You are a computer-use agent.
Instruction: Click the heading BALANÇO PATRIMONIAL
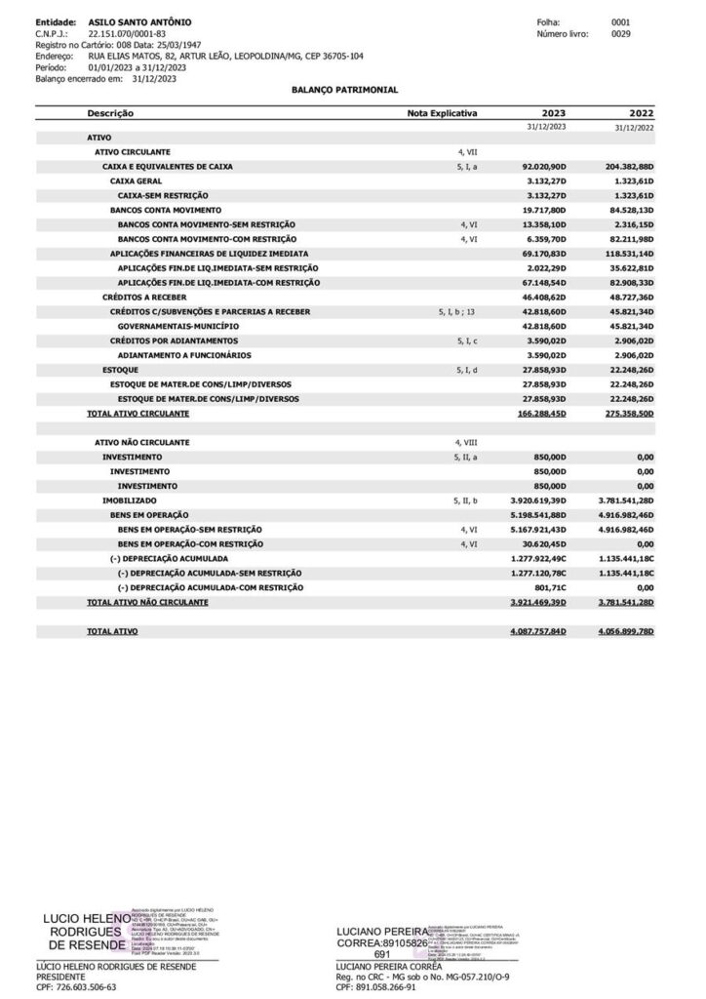[332, 88]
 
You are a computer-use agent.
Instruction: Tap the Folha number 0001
[620, 20]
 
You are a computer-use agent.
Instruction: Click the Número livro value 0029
[620, 33]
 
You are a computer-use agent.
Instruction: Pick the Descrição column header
[109, 113]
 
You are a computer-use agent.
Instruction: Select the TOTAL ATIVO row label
[112, 632]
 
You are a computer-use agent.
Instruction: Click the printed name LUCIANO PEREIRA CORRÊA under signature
[388, 966]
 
